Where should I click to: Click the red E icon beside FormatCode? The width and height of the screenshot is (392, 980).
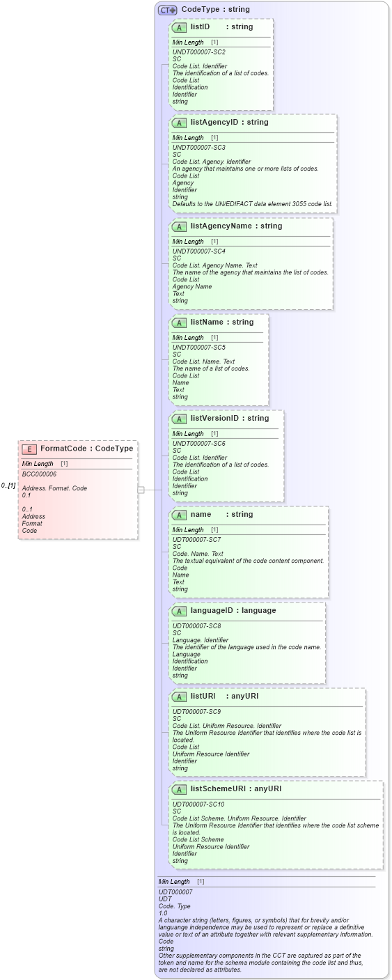coord(29,449)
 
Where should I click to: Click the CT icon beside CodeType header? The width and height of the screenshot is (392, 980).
coord(167,10)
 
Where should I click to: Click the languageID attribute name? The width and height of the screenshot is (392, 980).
coord(215,610)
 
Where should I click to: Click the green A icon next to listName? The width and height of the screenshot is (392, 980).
coord(179,322)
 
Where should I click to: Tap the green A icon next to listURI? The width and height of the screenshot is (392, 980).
coord(179,696)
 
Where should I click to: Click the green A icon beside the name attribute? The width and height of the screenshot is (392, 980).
coord(179,514)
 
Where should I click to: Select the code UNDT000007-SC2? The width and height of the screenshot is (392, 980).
coord(198,52)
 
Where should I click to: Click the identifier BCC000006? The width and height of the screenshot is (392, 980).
coord(39,474)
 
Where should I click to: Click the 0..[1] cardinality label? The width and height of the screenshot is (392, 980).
coord(8,485)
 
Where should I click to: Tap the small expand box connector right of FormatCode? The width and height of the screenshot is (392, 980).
coord(141,490)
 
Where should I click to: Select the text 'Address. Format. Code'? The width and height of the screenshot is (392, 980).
coord(54,488)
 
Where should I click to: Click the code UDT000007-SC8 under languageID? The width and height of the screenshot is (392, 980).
coord(196,625)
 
